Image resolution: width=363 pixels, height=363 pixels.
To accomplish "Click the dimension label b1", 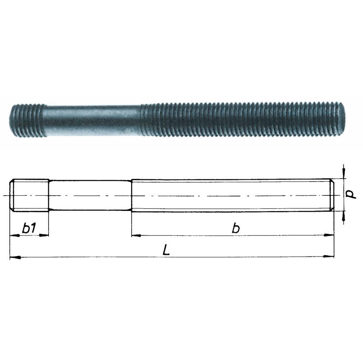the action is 29,228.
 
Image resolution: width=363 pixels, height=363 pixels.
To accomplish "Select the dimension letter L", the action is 166,250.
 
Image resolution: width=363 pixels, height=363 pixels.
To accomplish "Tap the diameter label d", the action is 351,194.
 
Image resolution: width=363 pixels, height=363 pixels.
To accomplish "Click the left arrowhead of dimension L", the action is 15,257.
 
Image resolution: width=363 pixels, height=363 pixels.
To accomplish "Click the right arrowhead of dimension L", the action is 329,257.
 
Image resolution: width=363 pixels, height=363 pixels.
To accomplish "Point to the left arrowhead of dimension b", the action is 137,235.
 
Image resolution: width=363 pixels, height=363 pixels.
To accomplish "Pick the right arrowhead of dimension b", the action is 329,235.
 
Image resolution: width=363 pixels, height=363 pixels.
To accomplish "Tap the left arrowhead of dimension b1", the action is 15,235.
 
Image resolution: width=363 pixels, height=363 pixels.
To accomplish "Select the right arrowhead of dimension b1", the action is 44,235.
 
